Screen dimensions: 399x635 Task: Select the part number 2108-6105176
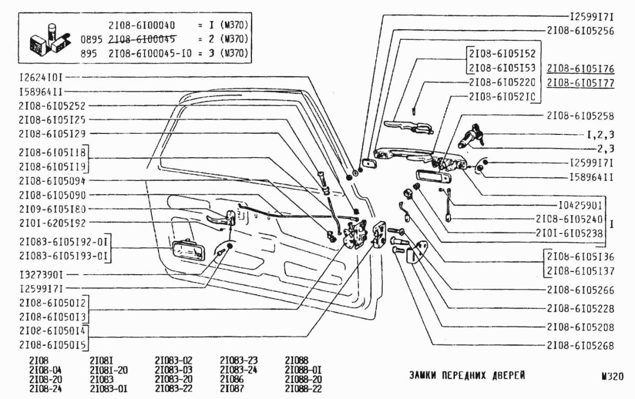click(580, 69)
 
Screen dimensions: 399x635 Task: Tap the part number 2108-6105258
click(580, 115)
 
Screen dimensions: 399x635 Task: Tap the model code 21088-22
click(303, 389)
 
